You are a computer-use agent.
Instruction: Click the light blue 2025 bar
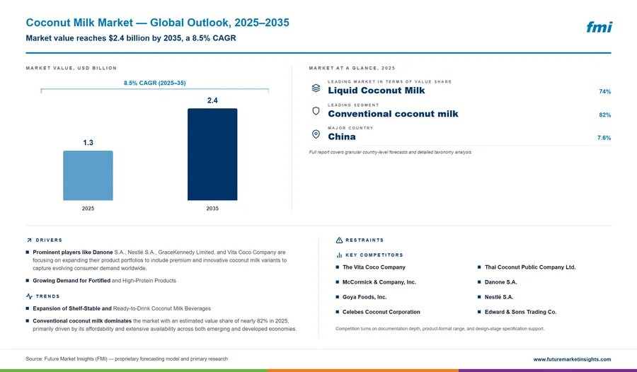88,175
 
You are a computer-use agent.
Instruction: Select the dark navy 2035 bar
212,154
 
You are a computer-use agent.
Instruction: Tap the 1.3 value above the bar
88,143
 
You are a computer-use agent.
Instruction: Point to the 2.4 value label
212,100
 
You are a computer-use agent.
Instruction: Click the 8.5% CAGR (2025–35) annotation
155,83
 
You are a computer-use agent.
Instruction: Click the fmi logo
599,27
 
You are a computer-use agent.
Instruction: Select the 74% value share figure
605,92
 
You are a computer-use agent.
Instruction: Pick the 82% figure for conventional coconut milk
605,115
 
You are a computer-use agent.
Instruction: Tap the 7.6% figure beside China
604,138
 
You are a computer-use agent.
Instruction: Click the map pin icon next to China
316,134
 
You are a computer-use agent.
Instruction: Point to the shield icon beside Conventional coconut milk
316,111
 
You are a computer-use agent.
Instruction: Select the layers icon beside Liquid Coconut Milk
316,88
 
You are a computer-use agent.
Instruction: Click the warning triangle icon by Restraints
339,240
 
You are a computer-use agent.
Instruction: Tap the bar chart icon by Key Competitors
339,255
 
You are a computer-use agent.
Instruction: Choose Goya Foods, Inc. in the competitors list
365,297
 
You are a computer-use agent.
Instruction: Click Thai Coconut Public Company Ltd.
530,267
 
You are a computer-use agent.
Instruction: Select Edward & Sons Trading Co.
520,312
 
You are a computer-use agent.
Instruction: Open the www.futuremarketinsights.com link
572,359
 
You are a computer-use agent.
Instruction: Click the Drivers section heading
49,240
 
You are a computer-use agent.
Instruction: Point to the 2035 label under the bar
212,209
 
